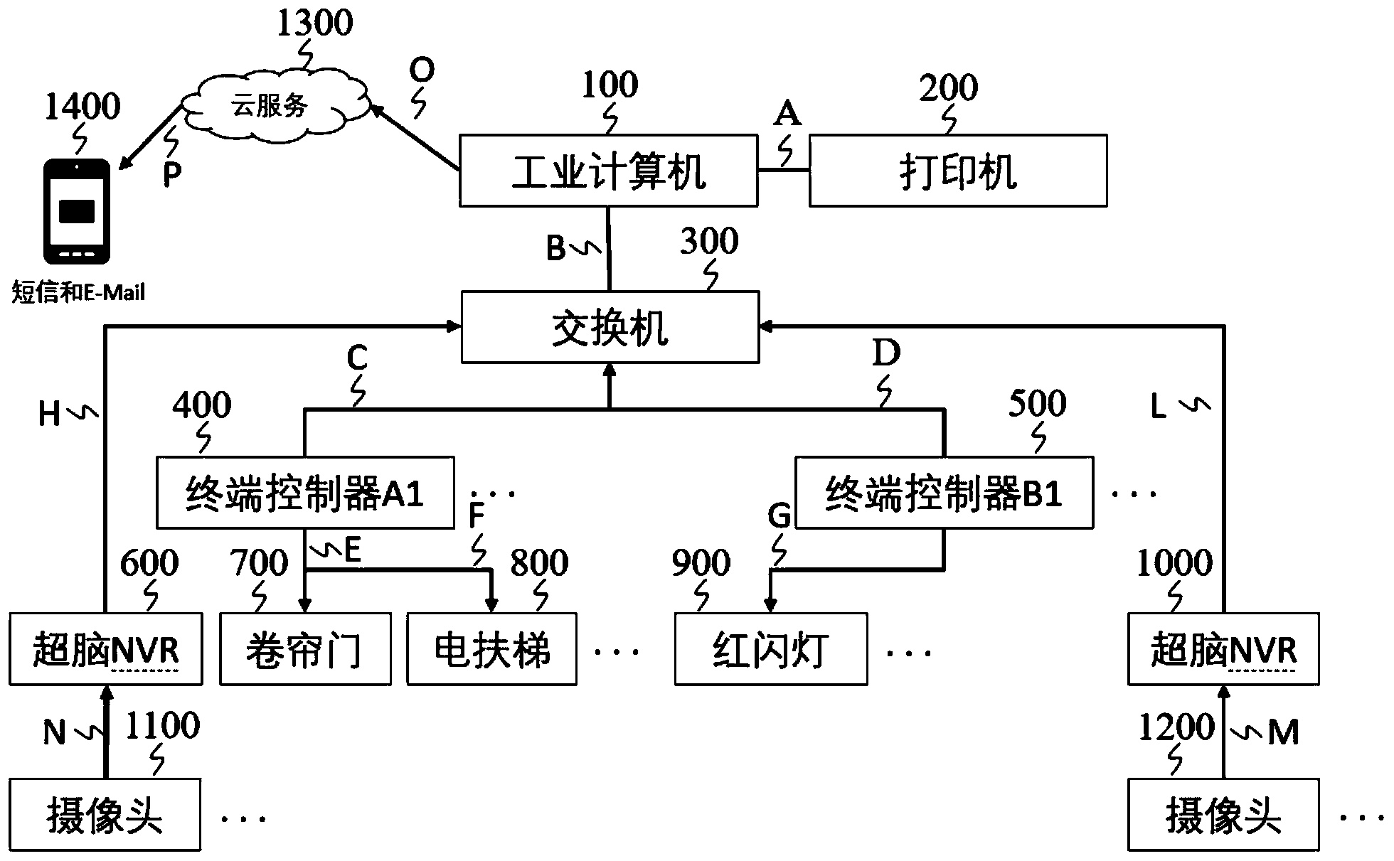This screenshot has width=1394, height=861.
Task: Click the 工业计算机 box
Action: click(608, 171)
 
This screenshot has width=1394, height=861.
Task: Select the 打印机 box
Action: click(957, 171)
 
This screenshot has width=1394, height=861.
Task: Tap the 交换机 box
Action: click(610, 327)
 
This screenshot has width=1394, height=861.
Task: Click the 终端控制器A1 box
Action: click(304, 493)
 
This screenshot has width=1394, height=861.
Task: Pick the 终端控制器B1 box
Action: click(944, 493)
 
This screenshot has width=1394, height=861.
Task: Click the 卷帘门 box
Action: click(305, 649)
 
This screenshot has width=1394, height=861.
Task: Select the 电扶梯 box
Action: click(491, 649)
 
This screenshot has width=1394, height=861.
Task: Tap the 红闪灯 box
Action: click(771, 649)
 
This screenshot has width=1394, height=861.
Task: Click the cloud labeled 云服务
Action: click(274, 105)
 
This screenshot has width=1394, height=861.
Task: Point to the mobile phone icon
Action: click(77, 212)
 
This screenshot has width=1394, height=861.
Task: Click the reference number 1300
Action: click(314, 23)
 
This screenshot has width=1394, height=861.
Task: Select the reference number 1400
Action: click(82, 107)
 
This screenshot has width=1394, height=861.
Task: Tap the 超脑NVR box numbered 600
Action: click(105, 649)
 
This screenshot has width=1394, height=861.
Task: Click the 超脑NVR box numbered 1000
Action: click(1223, 649)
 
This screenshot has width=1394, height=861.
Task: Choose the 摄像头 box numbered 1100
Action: click(104, 815)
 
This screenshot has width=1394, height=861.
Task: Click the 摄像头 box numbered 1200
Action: click(1223, 815)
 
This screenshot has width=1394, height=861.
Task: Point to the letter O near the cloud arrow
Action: click(422, 70)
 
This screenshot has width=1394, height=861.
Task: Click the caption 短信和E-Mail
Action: click(78, 292)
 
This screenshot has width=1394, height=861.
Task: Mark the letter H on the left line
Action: click(49, 414)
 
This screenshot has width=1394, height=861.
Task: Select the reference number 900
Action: click(701, 563)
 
